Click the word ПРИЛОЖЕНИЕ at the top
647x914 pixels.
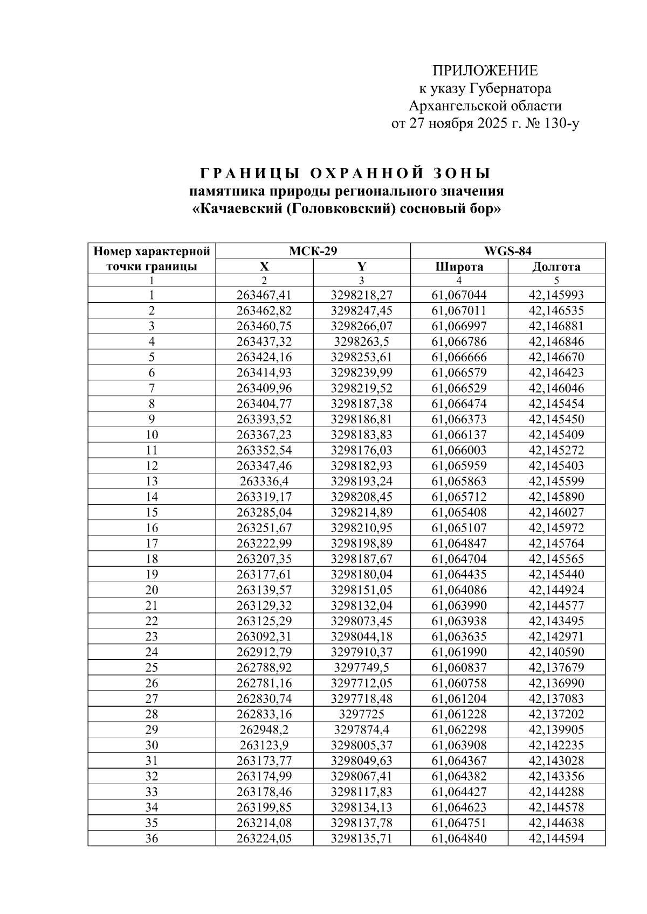pos(485,71)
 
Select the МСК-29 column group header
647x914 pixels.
pos(313,251)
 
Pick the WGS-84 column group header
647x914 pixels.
pos(507,251)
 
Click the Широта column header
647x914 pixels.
pos(459,267)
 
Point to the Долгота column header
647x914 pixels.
pos(556,267)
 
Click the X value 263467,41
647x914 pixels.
pos(264,295)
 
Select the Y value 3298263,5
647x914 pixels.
pos(361,341)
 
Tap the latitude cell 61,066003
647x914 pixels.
pos(459,450)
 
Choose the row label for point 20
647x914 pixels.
pos(152,590)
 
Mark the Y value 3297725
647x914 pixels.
pos(361,714)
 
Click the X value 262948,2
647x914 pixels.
pos(264,730)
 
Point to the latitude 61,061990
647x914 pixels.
pos(459,652)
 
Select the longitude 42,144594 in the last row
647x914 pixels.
pos(556,838)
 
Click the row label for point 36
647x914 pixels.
pos(152,838)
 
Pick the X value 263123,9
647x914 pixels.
pos(264,745)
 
